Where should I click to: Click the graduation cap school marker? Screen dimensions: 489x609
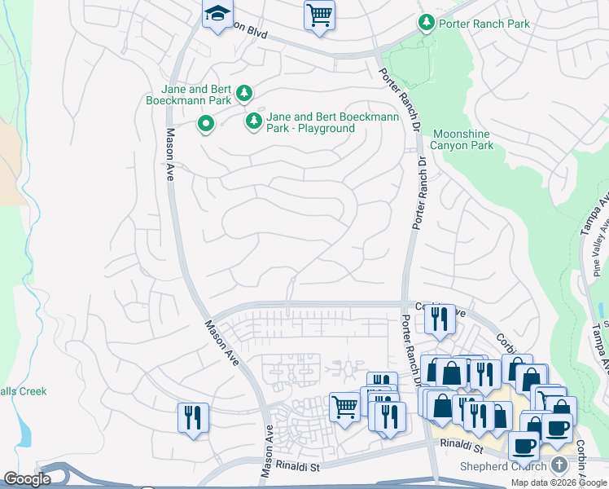pos(217,15)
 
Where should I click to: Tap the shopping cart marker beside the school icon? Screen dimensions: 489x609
pos(319,15)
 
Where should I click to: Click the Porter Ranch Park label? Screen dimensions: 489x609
pos(484,24)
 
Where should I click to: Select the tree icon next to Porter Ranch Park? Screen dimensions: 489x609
pos(426,23)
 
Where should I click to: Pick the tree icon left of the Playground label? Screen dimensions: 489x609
pos(254,121)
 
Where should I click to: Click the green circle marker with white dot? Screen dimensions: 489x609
pos(206,125)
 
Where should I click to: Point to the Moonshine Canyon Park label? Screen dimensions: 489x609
pos(462,139)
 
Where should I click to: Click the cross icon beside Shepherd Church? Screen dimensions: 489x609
pos(559,465)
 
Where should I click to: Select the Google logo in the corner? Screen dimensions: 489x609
pos(27,479)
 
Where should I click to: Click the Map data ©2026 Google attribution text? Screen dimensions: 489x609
pos(559,482)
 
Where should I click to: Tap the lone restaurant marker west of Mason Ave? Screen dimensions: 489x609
pos(193,418)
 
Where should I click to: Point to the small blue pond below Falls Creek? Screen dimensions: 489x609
pos(25,435)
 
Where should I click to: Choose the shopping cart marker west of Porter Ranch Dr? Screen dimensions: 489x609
pos(345,405)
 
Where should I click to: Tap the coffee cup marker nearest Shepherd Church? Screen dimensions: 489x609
pos(524,445)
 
